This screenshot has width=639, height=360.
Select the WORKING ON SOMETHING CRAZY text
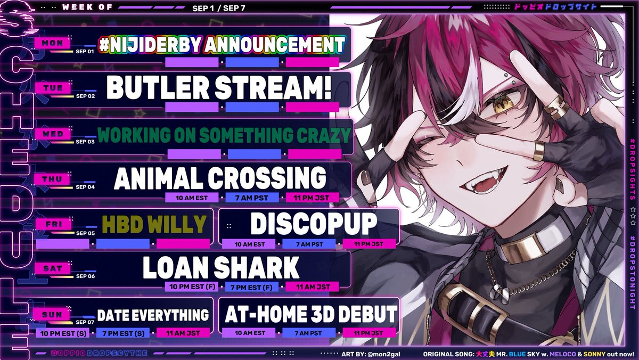[x=224, y=136]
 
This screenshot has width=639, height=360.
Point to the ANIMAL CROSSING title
[x=219, y=178]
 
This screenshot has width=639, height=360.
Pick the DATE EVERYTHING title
[x=152, y=315]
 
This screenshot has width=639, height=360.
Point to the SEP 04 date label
[x=85, y=187]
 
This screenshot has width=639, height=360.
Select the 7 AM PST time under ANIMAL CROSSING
[x=252, y=198]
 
